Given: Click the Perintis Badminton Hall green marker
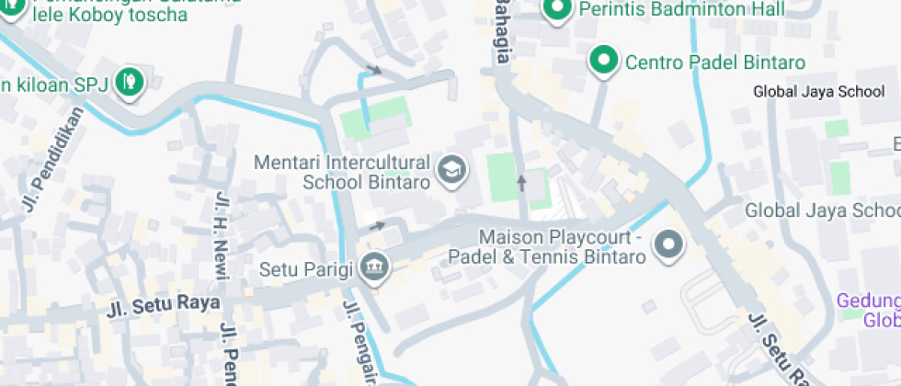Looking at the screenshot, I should pos(556,11).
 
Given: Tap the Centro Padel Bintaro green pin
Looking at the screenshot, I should pos(603,62).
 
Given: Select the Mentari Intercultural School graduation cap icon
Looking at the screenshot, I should pos(450,170).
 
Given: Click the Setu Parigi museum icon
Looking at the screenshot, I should pos(375,268).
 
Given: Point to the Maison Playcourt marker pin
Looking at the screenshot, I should pos(668,245).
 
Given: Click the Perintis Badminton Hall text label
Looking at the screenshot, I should pos(683,10).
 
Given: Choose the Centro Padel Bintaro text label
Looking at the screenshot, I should pos(715,62).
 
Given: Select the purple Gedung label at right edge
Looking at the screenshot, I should pos(868,311).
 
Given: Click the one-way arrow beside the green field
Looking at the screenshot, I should pos(522,183).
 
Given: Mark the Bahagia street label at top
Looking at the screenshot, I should pos(502,32).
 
